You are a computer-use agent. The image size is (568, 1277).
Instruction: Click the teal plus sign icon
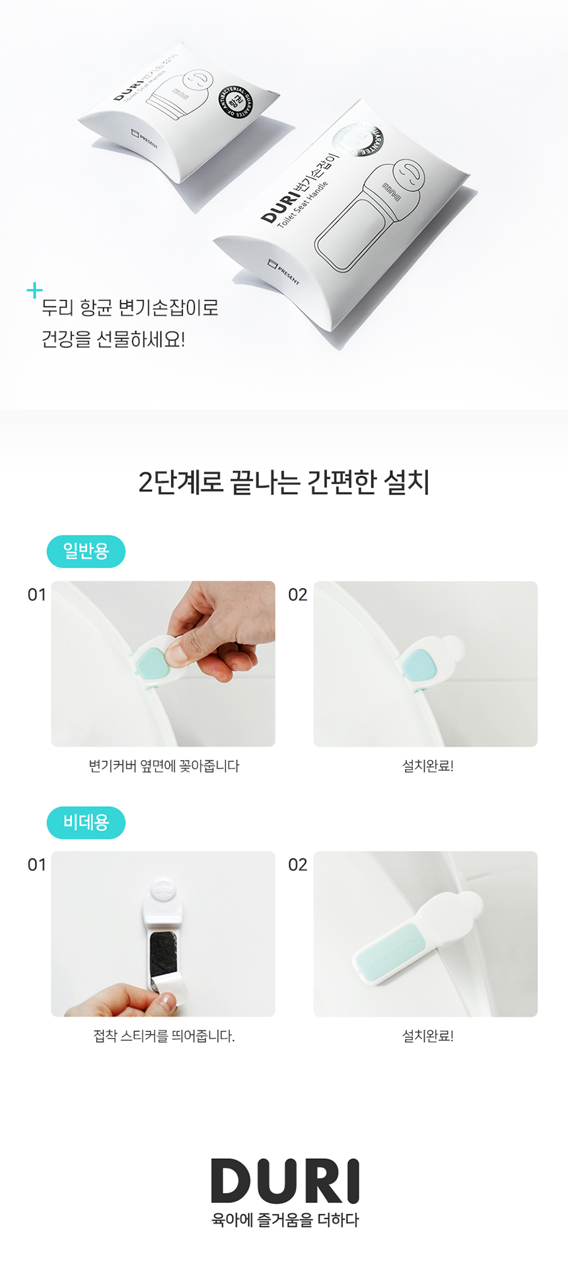[34, 290]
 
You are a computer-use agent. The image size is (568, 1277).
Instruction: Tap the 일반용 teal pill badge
[86, 551]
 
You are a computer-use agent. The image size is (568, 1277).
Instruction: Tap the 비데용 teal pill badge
[86, 822]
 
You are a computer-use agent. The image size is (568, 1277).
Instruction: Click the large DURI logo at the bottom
[285, 1181]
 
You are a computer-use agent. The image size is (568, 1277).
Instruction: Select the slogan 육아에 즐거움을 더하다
[285, 1220]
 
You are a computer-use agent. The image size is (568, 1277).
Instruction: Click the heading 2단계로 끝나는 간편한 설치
[284, 482]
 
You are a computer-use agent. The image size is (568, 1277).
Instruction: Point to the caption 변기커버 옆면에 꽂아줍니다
[164, 766]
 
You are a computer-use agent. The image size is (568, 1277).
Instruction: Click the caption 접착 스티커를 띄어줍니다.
[164, 1036]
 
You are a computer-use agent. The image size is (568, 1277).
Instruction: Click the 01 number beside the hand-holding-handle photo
[37, 595]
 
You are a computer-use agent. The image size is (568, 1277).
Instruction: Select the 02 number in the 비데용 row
[298, 865]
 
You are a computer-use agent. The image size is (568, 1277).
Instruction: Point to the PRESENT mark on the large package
[283, 271]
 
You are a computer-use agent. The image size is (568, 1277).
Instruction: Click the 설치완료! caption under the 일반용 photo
[427, 766]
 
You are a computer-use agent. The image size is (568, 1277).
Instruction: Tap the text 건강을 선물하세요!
[113, 339]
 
